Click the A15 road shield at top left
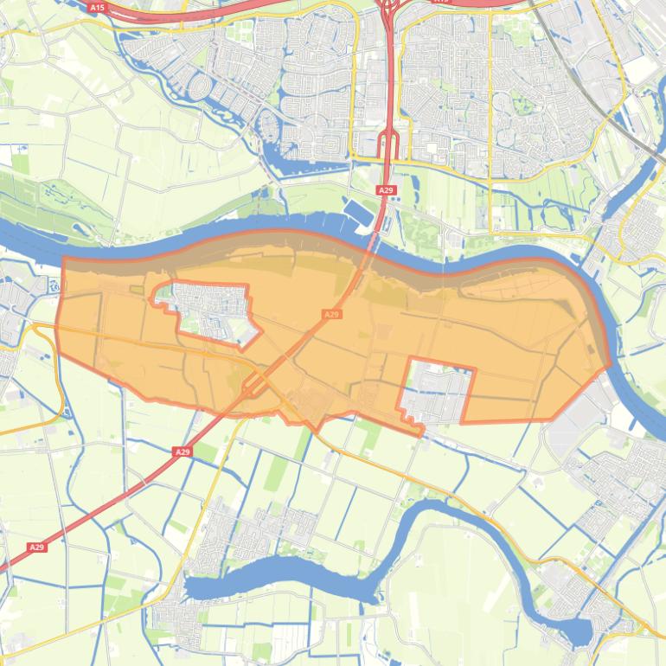(x=97, y=8)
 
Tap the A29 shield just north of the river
(x=385, y=189)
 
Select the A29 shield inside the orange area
(x=331, y=315)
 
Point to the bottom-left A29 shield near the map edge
(x=35, y=548)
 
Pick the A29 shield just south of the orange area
(x=182, y=451)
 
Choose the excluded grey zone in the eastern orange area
(x=439, y=391)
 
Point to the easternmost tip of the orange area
(x=611, y=364)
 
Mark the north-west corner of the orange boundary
(x=65, y=258)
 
